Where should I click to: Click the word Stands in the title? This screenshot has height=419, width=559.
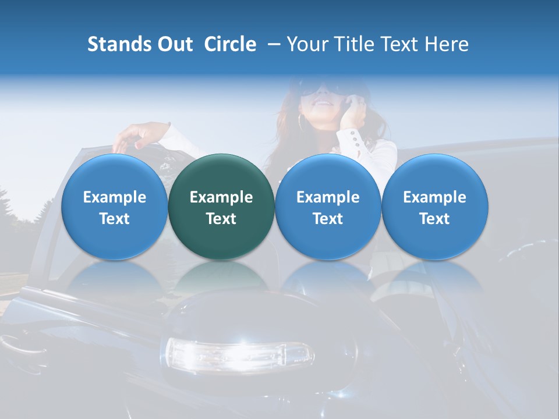coord(115,44)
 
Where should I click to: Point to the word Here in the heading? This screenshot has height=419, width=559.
coord(447,44)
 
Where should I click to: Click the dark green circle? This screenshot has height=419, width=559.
coord(221,207)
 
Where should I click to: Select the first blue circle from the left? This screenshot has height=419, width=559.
coord(114,207)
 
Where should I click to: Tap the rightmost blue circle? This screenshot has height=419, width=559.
coord(434,207)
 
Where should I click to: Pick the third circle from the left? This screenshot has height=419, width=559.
coord(328,207)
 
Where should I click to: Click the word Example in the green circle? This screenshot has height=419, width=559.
coord(221,197)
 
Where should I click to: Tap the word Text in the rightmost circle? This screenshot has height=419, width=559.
coord(434,219)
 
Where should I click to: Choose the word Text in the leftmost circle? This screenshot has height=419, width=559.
coord(114,219)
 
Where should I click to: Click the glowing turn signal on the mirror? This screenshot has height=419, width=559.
coord(239,354)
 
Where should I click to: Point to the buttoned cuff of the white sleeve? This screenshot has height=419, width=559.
coord(358,139)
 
